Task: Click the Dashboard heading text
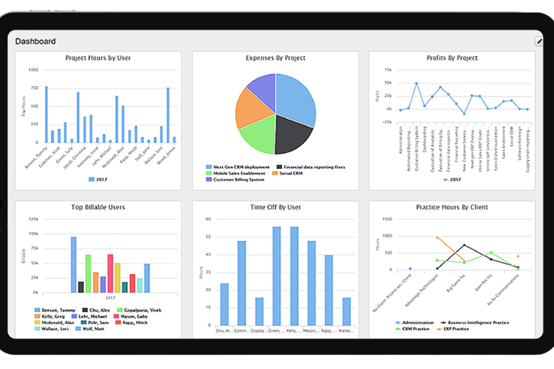[x=35, y=41]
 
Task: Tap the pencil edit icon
[x=539, y=41]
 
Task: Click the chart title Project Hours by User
[x=98, y=58]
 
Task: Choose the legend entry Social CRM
[x=290, y=173]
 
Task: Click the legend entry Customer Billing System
[x=238, y=180]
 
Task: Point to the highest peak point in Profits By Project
[x=416, y=83]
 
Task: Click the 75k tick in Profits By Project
[x=388, y=70]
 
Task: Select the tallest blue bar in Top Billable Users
[x=74, y=264]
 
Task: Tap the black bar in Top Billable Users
[x=81, y=287]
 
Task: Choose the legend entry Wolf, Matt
[x=93, y=329]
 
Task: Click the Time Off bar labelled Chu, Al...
[x=224, y=304]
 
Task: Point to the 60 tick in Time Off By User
[x=208, y=219]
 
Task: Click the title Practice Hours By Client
[x=452, y=207]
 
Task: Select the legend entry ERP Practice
[x=456, y=329]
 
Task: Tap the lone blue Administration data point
[x=410, y=268]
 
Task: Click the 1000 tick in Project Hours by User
[x=33, y=70]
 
